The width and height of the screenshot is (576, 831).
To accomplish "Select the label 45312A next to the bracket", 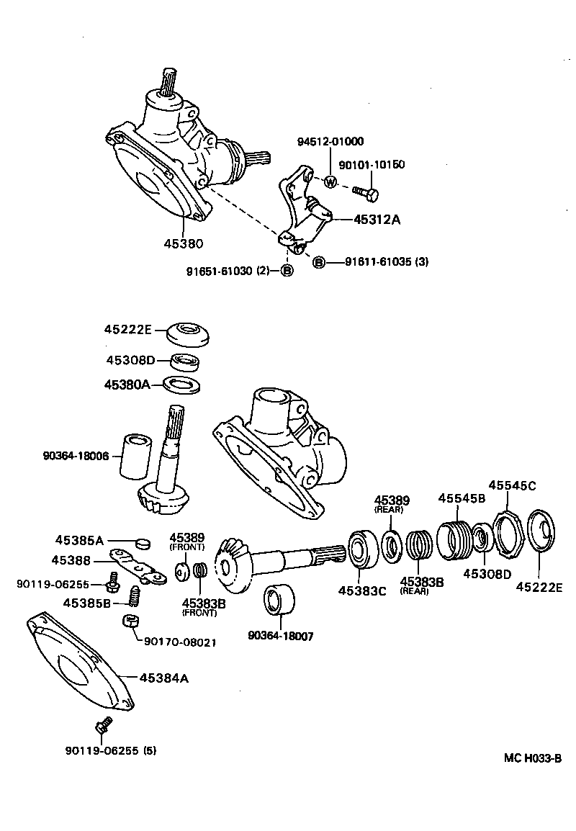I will [376, 220].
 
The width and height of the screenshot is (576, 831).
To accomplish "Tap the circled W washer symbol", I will [330, 182].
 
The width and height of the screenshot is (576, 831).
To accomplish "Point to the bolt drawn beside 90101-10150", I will [366, 192].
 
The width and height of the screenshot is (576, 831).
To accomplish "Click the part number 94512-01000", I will [330, 141].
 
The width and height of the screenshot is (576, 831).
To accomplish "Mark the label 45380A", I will [127, 385].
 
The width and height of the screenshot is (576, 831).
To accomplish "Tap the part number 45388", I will [71, 560].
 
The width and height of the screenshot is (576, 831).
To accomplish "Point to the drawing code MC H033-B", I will [532, 758].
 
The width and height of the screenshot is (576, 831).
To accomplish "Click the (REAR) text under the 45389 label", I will [391, 509].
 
